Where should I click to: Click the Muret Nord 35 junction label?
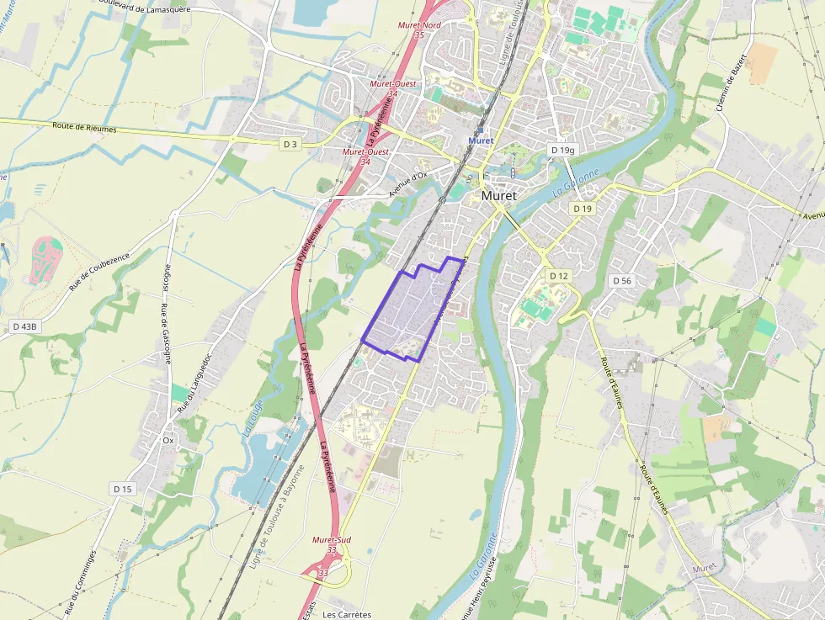(419, 29)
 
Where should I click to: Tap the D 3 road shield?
(290, 145)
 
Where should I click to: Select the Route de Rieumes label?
(84, 129)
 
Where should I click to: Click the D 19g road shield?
(562, 150)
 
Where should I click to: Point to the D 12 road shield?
(559, 276)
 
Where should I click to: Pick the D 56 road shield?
(622, 280)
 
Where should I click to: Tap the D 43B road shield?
(25, 326)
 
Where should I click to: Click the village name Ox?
(168, 440)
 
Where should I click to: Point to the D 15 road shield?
(122, 489)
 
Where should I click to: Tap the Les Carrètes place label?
(347, 614)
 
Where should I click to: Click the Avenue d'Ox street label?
(407, 183)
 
